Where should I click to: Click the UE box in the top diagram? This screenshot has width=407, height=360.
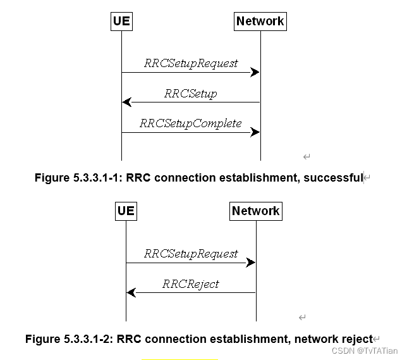pyautogui.click(x=121, y=21)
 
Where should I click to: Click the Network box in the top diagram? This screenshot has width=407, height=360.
pyautogui.click(x=260, y=21)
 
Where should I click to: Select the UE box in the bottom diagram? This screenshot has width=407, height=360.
pyautogui.click(x=126, y=211)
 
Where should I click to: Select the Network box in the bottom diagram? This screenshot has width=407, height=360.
pyautogui.click(x=255, y=211)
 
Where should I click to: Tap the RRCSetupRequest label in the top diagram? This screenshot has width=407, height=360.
pyautogui.click(x=191, y=63)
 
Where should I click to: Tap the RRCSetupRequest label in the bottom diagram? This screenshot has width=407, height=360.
pyautogui.click(x=191, y=254)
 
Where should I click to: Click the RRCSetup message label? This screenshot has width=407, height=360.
pyautogui.click(x=190, y=94)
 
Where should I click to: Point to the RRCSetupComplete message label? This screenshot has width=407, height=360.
pyautogui.click(x=190, y=123)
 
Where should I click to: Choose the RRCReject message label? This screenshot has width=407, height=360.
pyautogui.click(x=190, y=284)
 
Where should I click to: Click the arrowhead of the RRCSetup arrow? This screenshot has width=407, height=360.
pyautogui.click(x=126, y=102)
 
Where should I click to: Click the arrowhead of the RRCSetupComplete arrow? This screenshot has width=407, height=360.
pyautogui.click(x=255, y=132)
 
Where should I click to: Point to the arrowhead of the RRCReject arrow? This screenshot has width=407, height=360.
pyautogui.click(x=131, y=292)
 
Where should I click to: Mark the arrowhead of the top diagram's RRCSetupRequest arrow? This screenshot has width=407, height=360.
pyautogui.click(x=255, y=72)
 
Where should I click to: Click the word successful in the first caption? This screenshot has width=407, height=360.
pyautogui.click(x=332, y=178)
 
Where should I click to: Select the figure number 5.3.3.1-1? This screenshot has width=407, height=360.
pyautogui.click(x=99, y=178)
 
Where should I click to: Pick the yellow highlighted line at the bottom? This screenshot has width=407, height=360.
pyautogui.click(x=179, y=359)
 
